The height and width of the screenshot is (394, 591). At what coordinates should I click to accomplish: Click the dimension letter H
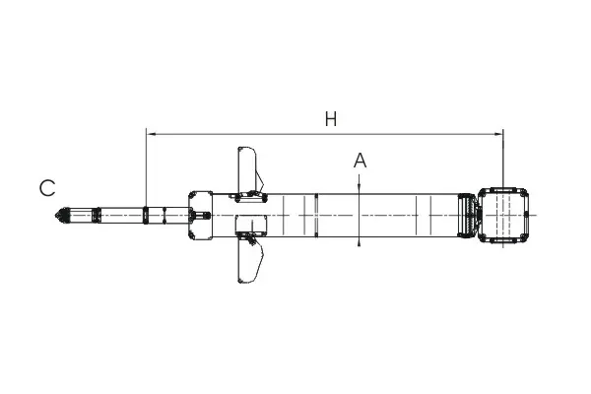(331, 119)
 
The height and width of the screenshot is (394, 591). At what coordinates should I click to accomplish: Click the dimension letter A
(360, 161)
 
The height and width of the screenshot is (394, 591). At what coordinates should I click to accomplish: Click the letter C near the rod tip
(47, 188)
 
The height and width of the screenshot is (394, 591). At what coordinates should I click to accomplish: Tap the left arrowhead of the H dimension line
(151, 134)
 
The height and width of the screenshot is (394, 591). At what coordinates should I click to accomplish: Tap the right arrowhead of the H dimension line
(498, 134)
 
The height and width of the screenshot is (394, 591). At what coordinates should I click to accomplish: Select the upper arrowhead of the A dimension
(360, 189)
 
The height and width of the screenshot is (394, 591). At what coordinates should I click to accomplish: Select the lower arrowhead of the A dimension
(360, 241)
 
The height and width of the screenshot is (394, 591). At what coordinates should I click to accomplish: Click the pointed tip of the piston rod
(56, 216)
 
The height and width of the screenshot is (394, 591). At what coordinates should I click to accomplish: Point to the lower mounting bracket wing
(249, 260)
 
